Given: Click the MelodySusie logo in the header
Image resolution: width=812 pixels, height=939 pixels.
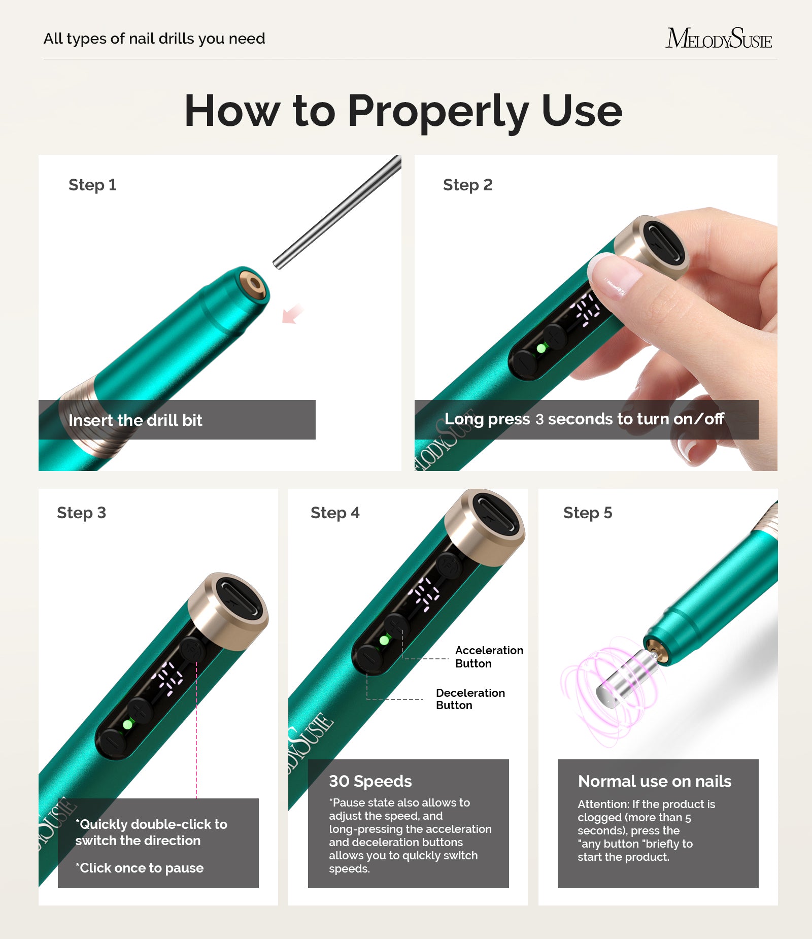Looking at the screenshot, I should [718, 39].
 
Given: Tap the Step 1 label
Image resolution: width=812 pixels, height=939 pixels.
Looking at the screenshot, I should [92, 185].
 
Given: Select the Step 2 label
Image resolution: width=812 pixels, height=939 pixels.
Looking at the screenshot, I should [467, 185].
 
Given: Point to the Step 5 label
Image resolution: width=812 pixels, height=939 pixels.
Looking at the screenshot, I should [587, 513].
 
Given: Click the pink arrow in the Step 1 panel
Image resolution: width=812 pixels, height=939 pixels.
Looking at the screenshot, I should [292, 314].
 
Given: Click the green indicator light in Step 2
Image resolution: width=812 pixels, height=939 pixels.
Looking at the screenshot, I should [541, 349].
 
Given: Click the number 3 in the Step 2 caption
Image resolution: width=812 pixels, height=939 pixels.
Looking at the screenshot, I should [539, 419].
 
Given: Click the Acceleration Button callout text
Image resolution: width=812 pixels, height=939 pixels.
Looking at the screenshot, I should [488, 657].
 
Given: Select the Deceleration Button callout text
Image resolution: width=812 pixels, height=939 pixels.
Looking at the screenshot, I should [470, 699].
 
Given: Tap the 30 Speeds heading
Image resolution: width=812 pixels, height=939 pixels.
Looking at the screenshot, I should [370, 781].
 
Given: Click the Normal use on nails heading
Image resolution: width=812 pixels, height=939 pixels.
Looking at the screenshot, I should [654, 781].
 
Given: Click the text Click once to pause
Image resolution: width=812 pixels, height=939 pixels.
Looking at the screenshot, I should [140, 868].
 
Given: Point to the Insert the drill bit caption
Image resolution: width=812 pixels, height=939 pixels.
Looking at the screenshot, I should [135, 420].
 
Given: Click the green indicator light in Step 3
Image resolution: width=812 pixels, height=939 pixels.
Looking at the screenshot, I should [128, 725].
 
